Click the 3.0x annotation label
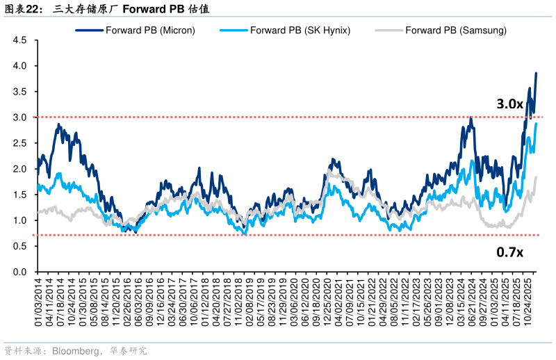pyautogui.click(x=509, y=104)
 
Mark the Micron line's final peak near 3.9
pyautogui.click(x=536, y=73)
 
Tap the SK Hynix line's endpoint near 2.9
pyautogui.click(x=536, y=123)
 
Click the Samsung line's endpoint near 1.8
pyautogui.click(x=536, y=177)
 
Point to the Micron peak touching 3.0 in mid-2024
pyautogui.click(x=471, y=118)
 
